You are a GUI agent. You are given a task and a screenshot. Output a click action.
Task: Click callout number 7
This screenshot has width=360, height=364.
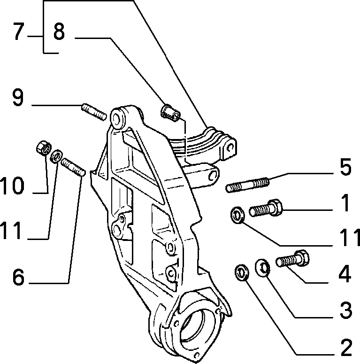[19, 31]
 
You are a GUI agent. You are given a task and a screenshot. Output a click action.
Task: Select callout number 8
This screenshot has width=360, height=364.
[59, 31]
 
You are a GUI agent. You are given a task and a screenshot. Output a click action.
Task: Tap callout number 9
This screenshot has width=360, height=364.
[18, 97]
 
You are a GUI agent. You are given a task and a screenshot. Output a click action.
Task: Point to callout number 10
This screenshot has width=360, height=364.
[12, 185]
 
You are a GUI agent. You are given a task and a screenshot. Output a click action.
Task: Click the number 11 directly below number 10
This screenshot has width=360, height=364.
[12, 230]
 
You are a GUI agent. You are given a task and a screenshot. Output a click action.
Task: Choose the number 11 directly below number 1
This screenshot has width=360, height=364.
[350, 237]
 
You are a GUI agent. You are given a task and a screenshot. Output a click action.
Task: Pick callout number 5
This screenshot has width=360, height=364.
[345, 167]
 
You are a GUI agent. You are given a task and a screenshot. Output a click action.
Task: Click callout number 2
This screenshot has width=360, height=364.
[346, 347]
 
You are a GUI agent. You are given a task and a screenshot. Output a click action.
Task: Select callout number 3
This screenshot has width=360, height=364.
[346, 310]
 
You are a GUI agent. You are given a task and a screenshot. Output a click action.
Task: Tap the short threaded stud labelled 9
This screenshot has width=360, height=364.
[94, 112]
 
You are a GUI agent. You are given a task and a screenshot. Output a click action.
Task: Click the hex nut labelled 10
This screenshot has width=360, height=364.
[44, 147]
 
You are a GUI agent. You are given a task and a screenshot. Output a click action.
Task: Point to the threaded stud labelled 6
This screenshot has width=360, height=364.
[73, 167]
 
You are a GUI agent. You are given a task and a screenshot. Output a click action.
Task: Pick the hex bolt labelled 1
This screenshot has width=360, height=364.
[266, 208]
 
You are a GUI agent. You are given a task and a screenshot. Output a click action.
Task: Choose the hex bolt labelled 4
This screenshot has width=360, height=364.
[293, 258]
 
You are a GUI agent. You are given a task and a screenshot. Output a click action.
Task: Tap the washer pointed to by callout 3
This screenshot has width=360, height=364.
[262, 268]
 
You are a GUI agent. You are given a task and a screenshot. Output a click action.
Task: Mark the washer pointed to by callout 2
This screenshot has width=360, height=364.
[242, 273]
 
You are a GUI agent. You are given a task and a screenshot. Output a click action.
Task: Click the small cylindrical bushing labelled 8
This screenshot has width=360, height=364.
[170, 113]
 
